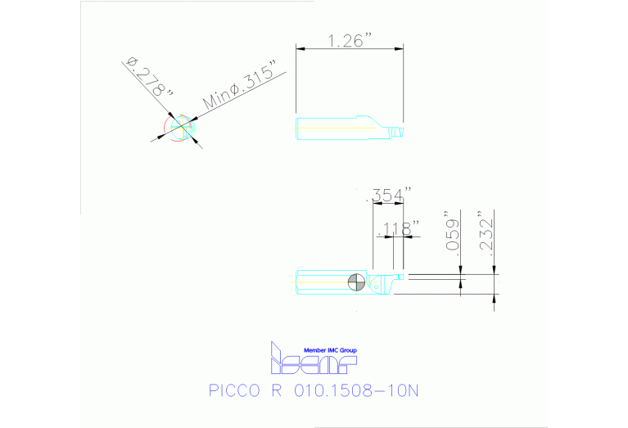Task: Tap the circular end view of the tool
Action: (179, 128)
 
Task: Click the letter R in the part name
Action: (275, 390)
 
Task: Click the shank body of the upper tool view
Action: (328, 128)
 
